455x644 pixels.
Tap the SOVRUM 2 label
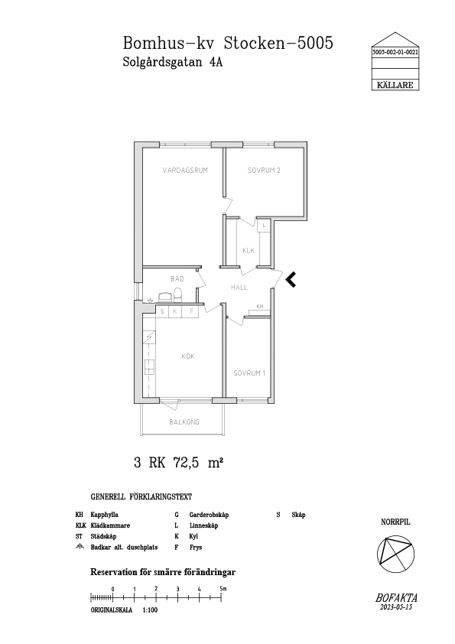(x=264, y=170)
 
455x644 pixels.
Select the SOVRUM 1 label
(x=249, y=373)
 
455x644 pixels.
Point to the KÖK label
(x=188, y=356)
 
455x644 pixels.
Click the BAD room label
(x=177, y=279)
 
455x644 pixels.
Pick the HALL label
(x=239, y=288)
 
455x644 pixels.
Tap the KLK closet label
(x=249, y=251)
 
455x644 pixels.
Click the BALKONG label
(x=184, y=421)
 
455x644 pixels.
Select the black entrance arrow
(x=291, y=279)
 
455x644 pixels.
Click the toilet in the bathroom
(x=177, y=296)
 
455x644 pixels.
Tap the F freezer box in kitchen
(x=191, y=312)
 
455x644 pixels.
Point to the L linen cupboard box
(x=264, y=226)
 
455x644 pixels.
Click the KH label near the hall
(x=260, y=307)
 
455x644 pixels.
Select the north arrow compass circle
(x=395, y=553)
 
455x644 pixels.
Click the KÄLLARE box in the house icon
(x=395, y=85)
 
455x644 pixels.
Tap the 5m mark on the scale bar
(x=223, y=589)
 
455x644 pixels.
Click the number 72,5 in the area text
(x=187, y=463)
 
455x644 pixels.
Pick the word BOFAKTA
(x=396, y=598)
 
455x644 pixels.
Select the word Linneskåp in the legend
(x=203, y=525)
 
